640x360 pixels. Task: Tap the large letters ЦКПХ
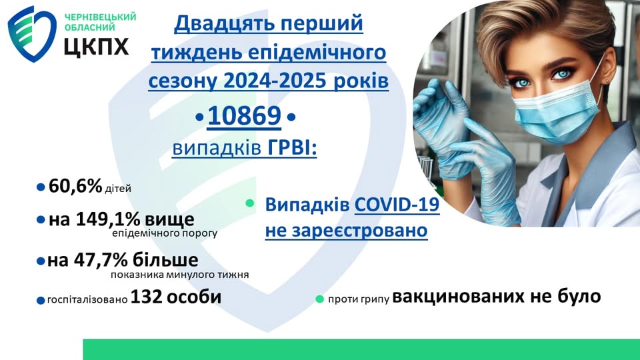pos(96,46)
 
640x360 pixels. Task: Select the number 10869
pos(245,115)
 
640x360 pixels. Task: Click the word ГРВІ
pos(292,147)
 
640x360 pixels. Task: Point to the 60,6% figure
pos(75,187)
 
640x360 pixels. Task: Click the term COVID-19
pos(397,204)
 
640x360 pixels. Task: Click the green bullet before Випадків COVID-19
pos(250,203)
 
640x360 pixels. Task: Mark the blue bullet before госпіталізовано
pos(41,301)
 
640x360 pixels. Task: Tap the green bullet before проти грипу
pos(320,299)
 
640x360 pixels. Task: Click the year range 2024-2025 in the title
pos(274,81)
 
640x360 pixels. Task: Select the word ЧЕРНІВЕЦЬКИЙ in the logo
pos(101,17)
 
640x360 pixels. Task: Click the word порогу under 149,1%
pos(200,234)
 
